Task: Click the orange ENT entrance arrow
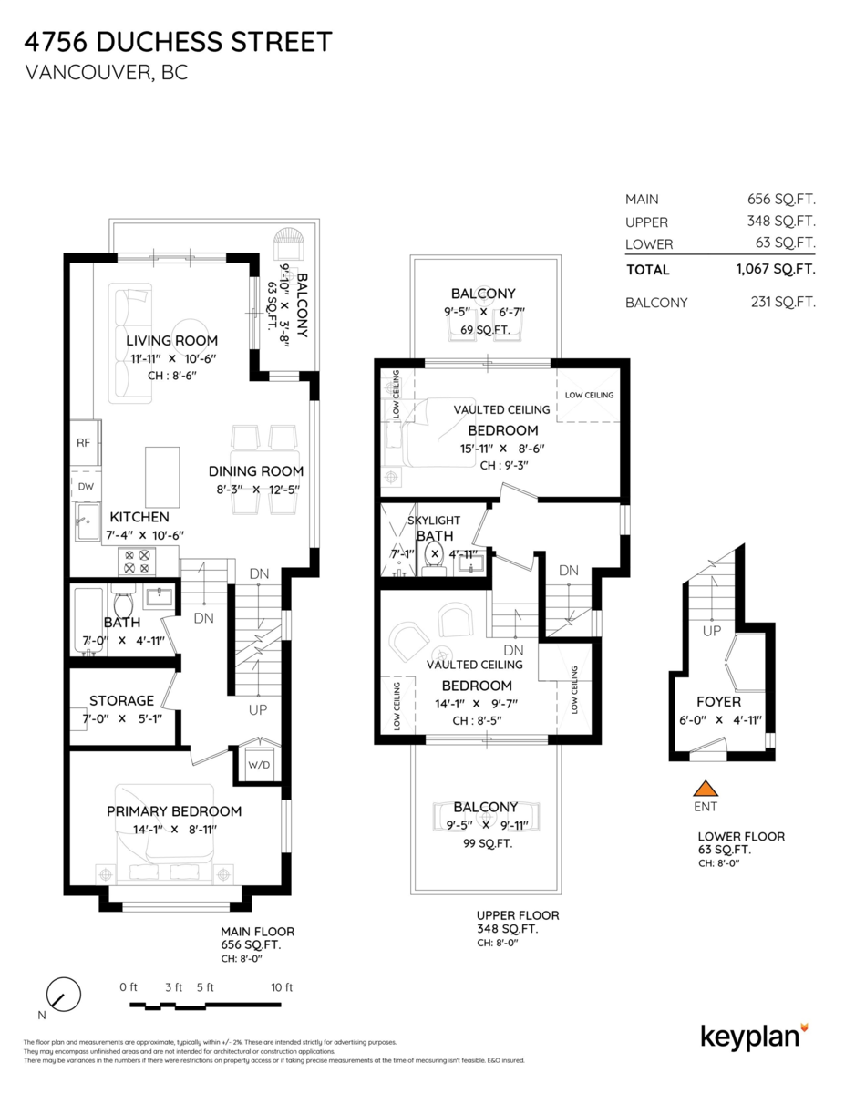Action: click(704, 788)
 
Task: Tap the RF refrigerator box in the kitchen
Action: click(84, 443)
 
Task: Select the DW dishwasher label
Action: click(84, 487)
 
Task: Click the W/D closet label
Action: click(259, 764)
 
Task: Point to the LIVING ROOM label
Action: click(171, 341)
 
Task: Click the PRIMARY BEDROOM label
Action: click(174, 811)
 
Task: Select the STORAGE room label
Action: click(121, 700)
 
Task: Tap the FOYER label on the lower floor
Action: click(717, 702)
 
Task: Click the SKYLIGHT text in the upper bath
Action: click(434, 520)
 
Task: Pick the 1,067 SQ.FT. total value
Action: click(775, 269)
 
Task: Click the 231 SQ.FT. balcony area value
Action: click(781, 303)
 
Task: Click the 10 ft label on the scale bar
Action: click(282, 987)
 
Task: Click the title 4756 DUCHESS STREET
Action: click(178, 42)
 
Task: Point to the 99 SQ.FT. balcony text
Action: click(485, 844)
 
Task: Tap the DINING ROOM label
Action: click(255, 471)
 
